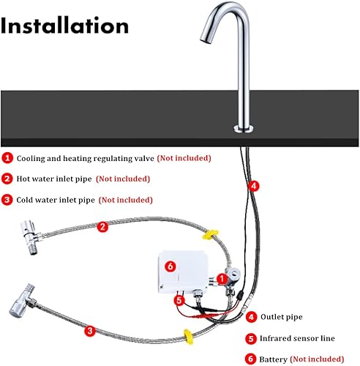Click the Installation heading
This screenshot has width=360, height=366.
pos(64,26)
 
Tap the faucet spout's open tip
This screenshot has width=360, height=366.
pos(206,42)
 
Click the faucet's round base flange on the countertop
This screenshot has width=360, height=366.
pos(244,129)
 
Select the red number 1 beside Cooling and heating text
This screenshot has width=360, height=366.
pos(7,158)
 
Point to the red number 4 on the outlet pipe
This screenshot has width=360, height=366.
pos(254,186)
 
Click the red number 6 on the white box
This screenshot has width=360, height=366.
pos(170,266)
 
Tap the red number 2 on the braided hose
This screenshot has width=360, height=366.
pos(102,227)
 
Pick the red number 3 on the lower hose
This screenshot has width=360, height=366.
pos(90,331)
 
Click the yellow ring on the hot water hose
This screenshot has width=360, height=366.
pos(211,234)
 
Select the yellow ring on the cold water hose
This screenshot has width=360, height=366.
pos(188,337)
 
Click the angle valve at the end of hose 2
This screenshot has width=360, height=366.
pos(31,236)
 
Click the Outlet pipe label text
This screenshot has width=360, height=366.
pos(282,317)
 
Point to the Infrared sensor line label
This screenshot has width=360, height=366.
pos(297,338)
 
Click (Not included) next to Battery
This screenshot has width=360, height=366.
pos(317,359)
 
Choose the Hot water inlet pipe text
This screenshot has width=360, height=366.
pos(54,179)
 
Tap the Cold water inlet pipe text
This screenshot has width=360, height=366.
pos(56,200)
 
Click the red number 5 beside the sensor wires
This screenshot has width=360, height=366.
pos(179,300)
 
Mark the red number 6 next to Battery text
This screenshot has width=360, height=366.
pos(251,359)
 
